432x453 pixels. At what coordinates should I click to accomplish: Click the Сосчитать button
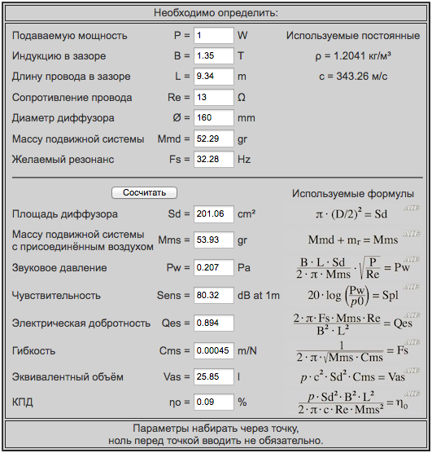tap(144, 193)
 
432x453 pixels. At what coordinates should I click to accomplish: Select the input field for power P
tap(213, 36)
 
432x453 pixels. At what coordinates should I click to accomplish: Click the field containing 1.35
tap(213, 56)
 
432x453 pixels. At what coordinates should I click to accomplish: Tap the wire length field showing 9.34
tap(213, 77)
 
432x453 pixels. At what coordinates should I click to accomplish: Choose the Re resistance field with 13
tap(213, 97)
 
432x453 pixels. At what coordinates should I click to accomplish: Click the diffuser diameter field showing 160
tap(213, 118)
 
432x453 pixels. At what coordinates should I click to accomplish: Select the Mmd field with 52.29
tap(213, 139)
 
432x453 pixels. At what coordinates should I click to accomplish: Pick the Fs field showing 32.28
tap(213, 159)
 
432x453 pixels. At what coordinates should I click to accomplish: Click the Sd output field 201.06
tap(213, 214)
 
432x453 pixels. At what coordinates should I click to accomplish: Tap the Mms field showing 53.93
tap(213, 240)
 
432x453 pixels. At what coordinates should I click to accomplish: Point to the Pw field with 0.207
tap(213, 268)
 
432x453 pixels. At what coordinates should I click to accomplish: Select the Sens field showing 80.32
tap(213, 295)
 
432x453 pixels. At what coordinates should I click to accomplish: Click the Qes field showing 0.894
tap(213, 323)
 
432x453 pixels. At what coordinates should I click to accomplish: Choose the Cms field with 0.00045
tap(213, 350)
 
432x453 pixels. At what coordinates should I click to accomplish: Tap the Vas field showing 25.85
tap(213, 378)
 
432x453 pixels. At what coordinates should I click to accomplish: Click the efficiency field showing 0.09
tap(213, 402)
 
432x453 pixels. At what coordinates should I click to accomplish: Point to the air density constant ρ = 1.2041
tap(353, 56)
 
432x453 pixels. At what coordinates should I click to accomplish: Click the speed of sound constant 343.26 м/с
tap(353, 77)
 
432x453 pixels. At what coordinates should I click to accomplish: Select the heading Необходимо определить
tap(216, 13)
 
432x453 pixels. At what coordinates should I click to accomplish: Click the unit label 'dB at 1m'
tap(259, 295)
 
